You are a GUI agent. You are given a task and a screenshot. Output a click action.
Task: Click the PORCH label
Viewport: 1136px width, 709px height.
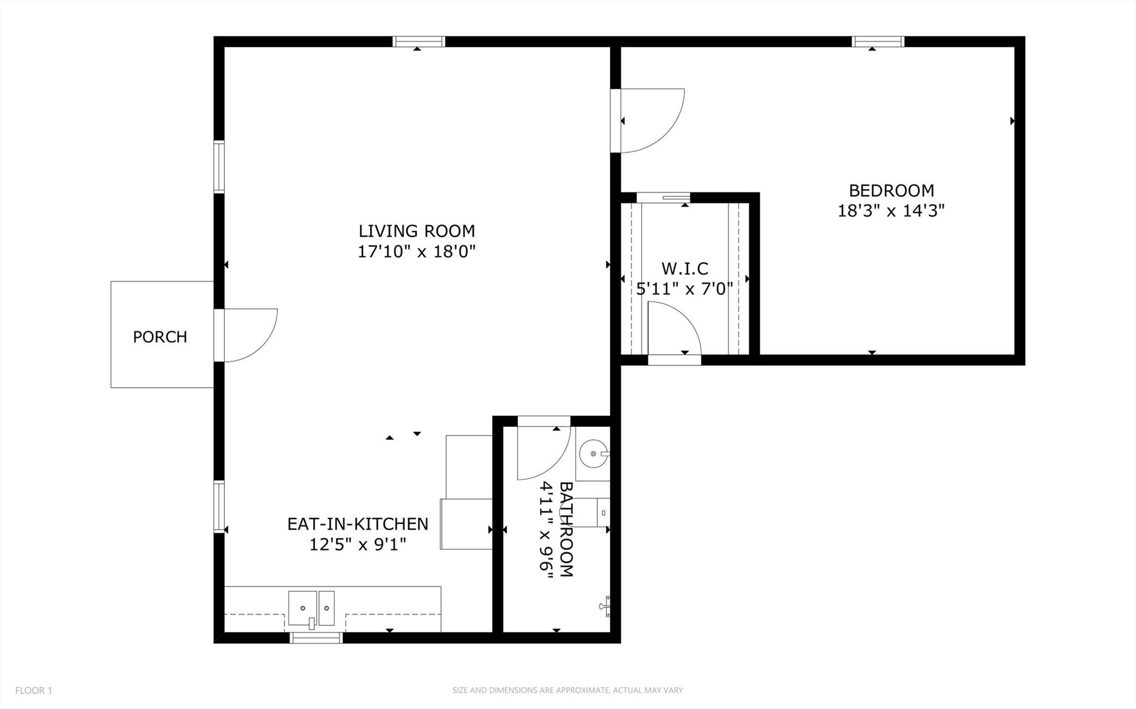click(160, 337)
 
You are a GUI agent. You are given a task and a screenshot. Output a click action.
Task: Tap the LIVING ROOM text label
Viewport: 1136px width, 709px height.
click(416, 231)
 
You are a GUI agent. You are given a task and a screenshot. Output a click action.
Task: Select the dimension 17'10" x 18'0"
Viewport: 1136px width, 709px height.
click(416, 252)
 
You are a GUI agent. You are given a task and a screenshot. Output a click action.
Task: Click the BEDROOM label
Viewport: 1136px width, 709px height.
click(891, 190)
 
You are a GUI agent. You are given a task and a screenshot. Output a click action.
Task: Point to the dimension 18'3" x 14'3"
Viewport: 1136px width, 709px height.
click(891, 211)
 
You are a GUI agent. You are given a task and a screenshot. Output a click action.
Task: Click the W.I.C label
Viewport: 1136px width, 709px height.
click(685, 269)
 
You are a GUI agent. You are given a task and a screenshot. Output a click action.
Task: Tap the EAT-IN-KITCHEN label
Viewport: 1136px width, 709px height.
click(357, 524)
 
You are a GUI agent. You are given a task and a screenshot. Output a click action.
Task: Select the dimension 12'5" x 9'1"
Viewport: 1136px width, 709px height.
click(357, 544)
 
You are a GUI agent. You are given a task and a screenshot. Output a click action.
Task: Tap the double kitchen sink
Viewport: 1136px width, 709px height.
click(311, 608)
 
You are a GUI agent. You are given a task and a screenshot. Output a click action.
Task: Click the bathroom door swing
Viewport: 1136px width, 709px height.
click(541, 452)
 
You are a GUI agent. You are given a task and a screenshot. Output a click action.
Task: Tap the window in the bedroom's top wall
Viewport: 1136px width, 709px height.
click(878, 42)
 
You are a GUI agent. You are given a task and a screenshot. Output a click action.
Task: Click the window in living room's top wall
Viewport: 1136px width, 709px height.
click(419, 42)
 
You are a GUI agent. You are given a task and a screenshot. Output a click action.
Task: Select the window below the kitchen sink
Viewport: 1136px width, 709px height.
click(316, 638)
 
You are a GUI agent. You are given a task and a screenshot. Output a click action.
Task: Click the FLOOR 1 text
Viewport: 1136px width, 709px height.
click(33, 691)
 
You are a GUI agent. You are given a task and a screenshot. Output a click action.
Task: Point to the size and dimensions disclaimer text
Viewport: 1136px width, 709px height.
click(567, 691)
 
